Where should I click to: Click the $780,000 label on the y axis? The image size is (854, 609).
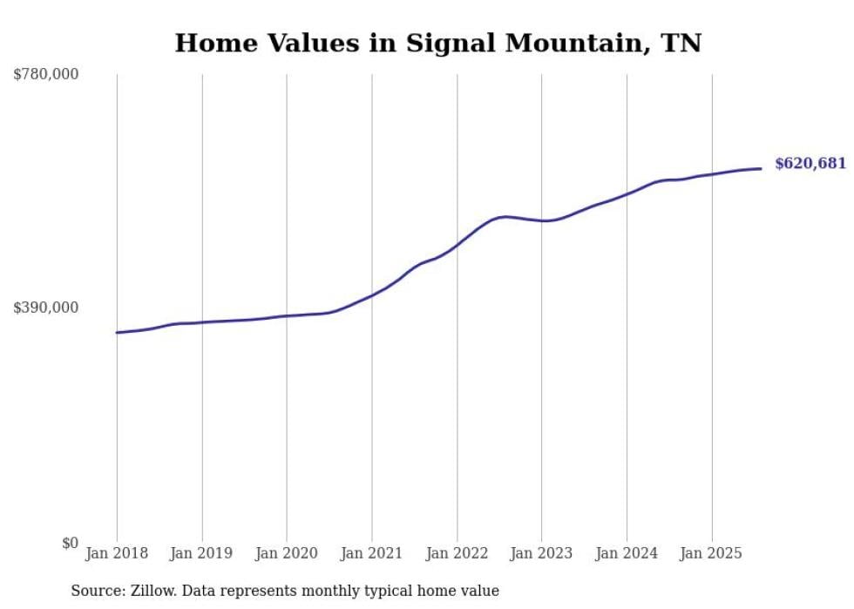coord(45,75)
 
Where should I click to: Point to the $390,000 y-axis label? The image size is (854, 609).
coord(45,308)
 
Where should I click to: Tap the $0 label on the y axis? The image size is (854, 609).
coord(69,543)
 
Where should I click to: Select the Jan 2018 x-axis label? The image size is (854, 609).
coord(117,553)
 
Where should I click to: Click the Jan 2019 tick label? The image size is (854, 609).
coord(202,553)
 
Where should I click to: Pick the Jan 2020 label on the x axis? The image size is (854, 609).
coord(287,553)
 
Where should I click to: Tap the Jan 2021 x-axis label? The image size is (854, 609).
coord(372,553)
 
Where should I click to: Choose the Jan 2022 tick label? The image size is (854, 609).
coord(457,553)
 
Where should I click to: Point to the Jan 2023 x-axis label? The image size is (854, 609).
coord(541,553)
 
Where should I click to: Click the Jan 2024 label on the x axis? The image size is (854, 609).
coord(627,553)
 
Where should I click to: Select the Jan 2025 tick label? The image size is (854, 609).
coord(711,553)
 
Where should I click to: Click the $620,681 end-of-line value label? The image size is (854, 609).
coord(810,163)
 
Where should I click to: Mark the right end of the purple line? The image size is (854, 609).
coord(762,168)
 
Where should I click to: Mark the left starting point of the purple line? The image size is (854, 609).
coord(117,332)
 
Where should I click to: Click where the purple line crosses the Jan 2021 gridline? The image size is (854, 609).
coord(372,294)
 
